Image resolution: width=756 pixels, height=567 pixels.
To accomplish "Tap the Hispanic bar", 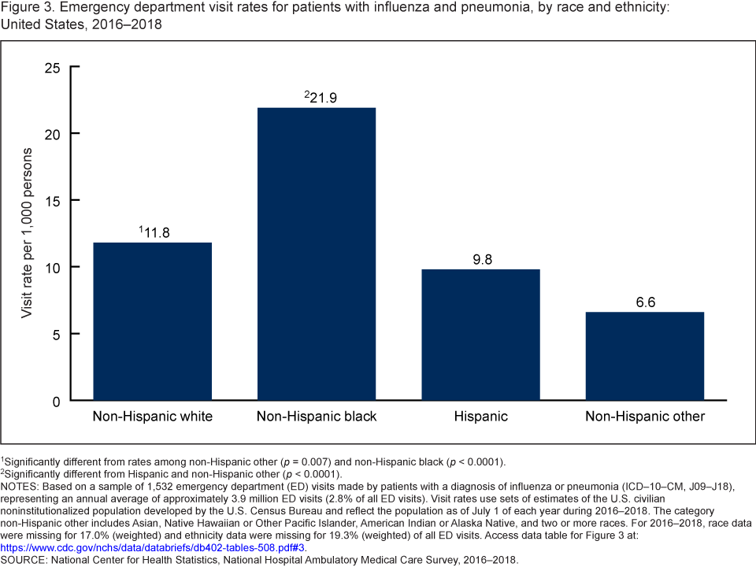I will click(480, 335).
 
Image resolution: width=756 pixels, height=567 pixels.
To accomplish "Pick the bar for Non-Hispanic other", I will click(644, 356).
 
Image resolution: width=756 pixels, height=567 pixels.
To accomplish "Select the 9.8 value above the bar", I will click(480, 258).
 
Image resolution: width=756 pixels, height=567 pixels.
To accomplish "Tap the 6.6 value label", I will click(644, 301).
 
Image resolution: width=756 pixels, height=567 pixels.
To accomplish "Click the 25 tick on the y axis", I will click(52, 67).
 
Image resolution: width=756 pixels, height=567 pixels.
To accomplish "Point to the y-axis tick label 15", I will click(52, 200).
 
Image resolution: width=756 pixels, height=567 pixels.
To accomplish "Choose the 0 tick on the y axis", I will click(55, 401).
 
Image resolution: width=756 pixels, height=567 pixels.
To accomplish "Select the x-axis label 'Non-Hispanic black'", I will click(317, 417).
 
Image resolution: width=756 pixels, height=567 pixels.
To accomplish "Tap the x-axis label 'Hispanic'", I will click(480, 417).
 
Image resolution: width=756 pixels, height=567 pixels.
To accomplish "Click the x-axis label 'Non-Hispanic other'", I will click(644, 417).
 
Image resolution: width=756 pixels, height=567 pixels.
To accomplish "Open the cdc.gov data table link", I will click(154, 547).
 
